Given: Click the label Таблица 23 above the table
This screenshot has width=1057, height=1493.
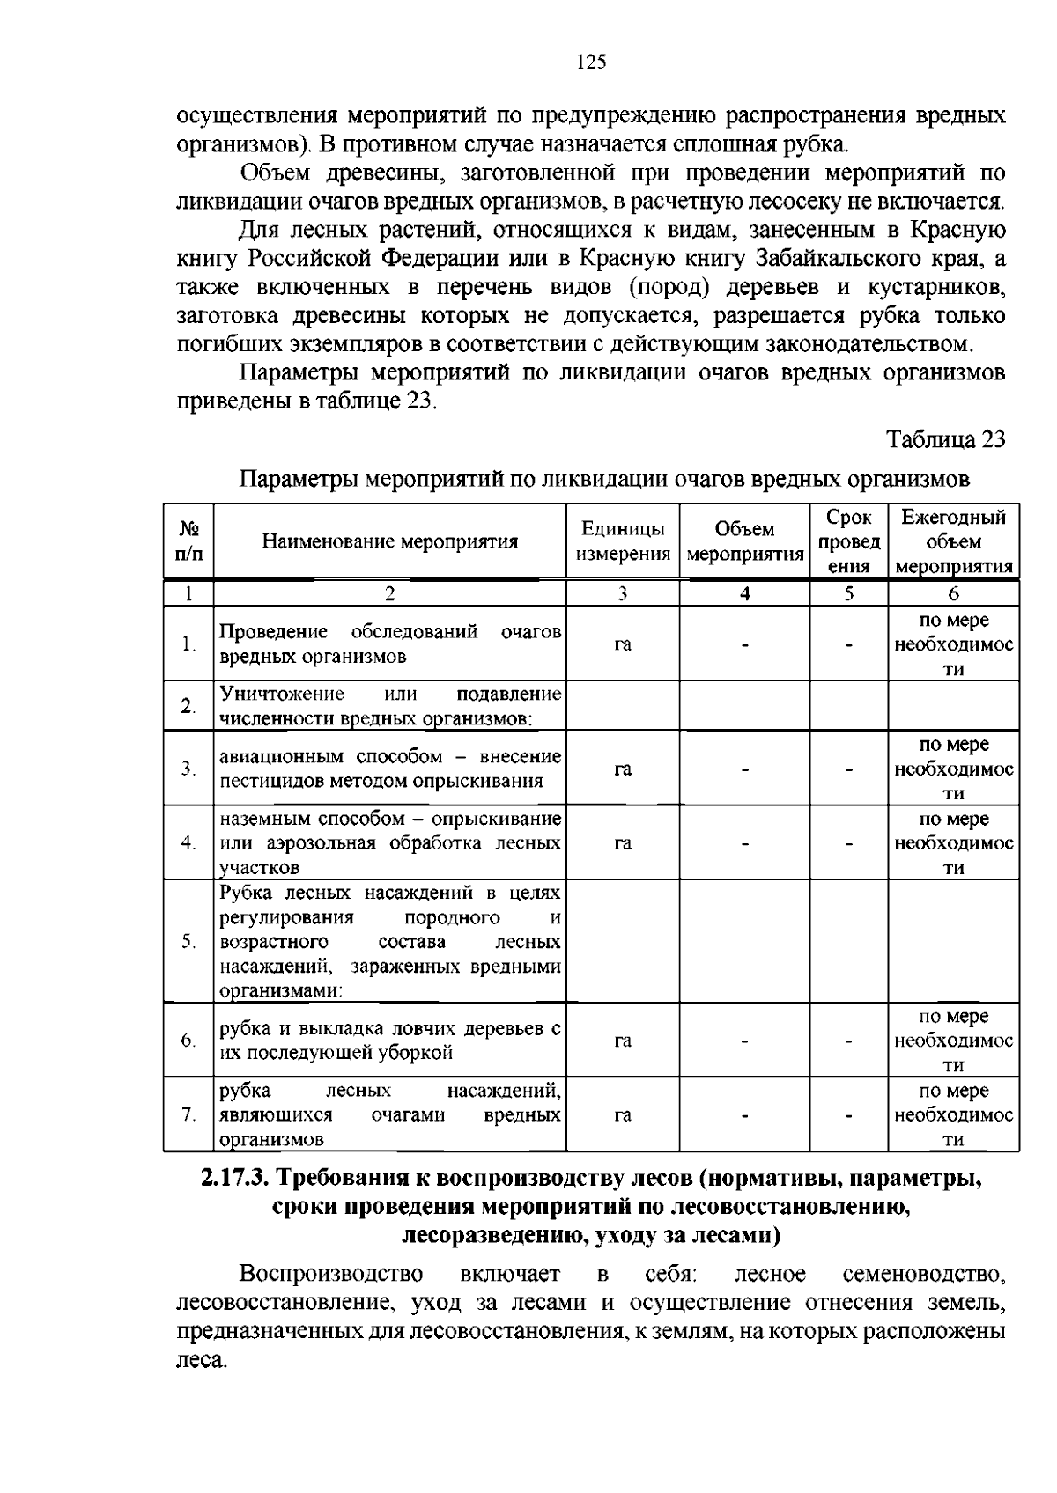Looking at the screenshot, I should [x=945, y=439].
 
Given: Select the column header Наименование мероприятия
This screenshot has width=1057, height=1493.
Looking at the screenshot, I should [x=390, y=541].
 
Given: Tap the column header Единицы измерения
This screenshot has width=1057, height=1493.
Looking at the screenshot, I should [x=623, y=541].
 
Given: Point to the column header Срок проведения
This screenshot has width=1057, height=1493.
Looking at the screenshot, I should [x=848, y=541].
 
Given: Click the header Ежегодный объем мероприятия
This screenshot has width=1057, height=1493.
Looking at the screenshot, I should [x=954, y=541].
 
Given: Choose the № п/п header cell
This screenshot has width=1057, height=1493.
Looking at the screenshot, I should [x=188, y=541].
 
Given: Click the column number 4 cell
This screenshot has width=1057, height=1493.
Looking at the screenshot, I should [x=744, y=593].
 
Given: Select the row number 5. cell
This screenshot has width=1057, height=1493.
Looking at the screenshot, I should [x=188, y=941].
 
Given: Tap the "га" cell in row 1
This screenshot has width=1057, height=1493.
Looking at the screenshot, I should [x=623, y=644].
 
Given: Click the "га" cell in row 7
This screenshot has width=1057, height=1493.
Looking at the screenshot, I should [x=623, y=1115].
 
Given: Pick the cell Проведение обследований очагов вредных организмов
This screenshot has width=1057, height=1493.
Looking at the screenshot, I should [x=389, y=644].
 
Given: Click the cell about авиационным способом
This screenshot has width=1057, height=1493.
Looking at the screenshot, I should [x=389, y=769].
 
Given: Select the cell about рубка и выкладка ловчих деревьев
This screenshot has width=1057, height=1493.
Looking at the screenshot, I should [x=389, y=1041].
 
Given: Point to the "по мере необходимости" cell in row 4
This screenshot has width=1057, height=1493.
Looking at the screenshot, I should [x=954, y=843].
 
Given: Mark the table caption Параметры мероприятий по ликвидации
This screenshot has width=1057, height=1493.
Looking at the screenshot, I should [x=605, y=480].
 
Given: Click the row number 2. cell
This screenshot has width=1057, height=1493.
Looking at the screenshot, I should [x=188, y=706].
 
